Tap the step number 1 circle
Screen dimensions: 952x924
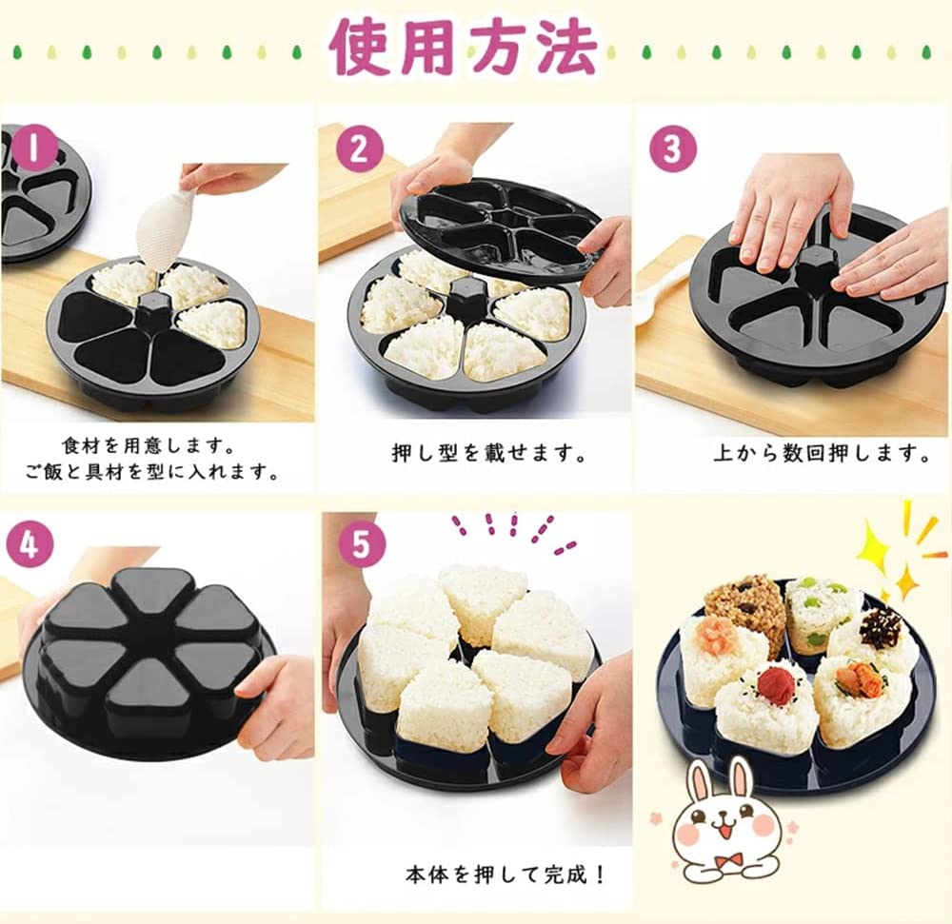coord(33,148)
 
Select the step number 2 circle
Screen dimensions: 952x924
coord(360,149)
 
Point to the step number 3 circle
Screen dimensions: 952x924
coord(672,149)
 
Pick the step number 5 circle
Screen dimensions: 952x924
coord(361,543)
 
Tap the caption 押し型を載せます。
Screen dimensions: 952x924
coord(488,453)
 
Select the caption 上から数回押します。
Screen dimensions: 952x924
coord(822,453)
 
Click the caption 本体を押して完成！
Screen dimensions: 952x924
coord(506,875)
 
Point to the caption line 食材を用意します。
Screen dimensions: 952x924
coord(149,446)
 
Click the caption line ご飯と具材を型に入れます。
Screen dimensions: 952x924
coord(151,471)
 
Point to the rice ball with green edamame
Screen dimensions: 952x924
coord(816,614)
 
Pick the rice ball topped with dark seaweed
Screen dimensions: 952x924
coord(871,641)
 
